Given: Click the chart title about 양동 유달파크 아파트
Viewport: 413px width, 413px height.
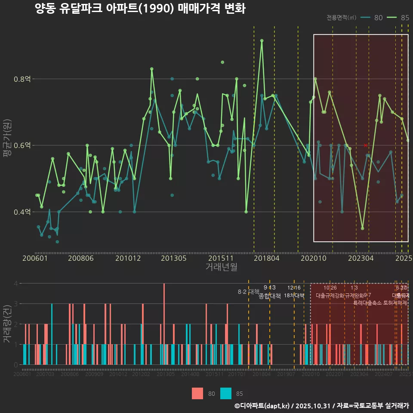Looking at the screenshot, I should (140, 9).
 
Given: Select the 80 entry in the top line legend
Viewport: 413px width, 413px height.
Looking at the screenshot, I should (372, 18).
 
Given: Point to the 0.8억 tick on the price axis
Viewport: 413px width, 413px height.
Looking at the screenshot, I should (23, 79).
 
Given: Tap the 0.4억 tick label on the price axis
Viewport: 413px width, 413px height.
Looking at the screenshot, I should (23, 212).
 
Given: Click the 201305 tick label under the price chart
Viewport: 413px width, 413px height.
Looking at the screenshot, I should (173, 258).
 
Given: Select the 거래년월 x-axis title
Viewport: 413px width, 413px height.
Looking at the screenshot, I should (221, 267).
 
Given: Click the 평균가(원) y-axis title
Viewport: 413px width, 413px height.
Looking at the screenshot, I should (7, 145).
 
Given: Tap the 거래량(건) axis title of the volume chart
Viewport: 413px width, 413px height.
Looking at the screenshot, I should (7, 324).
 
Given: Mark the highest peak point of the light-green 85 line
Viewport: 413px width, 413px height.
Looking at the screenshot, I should (262, 40).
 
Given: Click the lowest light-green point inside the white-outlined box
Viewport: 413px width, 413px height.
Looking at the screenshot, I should (362, 228).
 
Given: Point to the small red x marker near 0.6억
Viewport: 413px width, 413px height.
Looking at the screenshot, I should (365, 145).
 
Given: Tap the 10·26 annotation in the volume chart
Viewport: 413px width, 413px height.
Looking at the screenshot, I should (330, 288).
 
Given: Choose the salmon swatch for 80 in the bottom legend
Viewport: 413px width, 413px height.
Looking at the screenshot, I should (197, 393).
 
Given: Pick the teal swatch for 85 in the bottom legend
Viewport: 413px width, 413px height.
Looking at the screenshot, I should (226, 393).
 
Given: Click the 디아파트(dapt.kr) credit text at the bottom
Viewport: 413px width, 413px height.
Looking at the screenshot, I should (262, 406).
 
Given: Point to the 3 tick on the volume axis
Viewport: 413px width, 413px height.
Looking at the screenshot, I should (15, 304).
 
